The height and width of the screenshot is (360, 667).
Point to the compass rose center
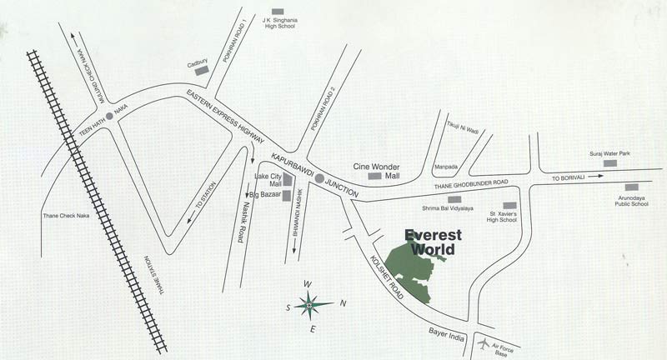(x=309, y=305)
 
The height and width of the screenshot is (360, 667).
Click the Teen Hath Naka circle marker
(x=108, y=127)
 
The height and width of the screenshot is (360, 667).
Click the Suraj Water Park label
(x=610, y=152)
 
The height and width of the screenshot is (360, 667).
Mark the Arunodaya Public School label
(x=631, y=199)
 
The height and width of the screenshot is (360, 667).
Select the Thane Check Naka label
(x=65, y=217)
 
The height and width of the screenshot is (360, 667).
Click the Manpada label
(x=447, y=167)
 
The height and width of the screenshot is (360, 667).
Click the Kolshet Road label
(x=388, y=274)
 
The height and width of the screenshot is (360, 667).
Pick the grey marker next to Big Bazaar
(x=287, y=196)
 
